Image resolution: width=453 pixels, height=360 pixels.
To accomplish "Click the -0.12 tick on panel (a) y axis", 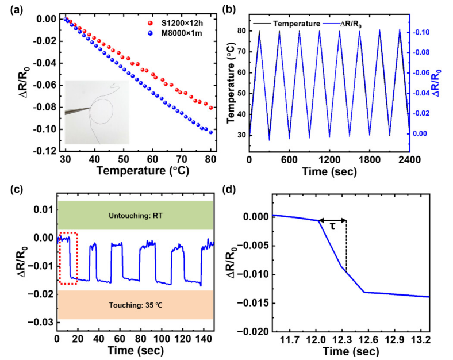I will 44,151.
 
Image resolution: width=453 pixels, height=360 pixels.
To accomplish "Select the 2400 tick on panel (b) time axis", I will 409,159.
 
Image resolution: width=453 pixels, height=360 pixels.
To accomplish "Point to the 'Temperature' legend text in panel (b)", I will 295,25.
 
